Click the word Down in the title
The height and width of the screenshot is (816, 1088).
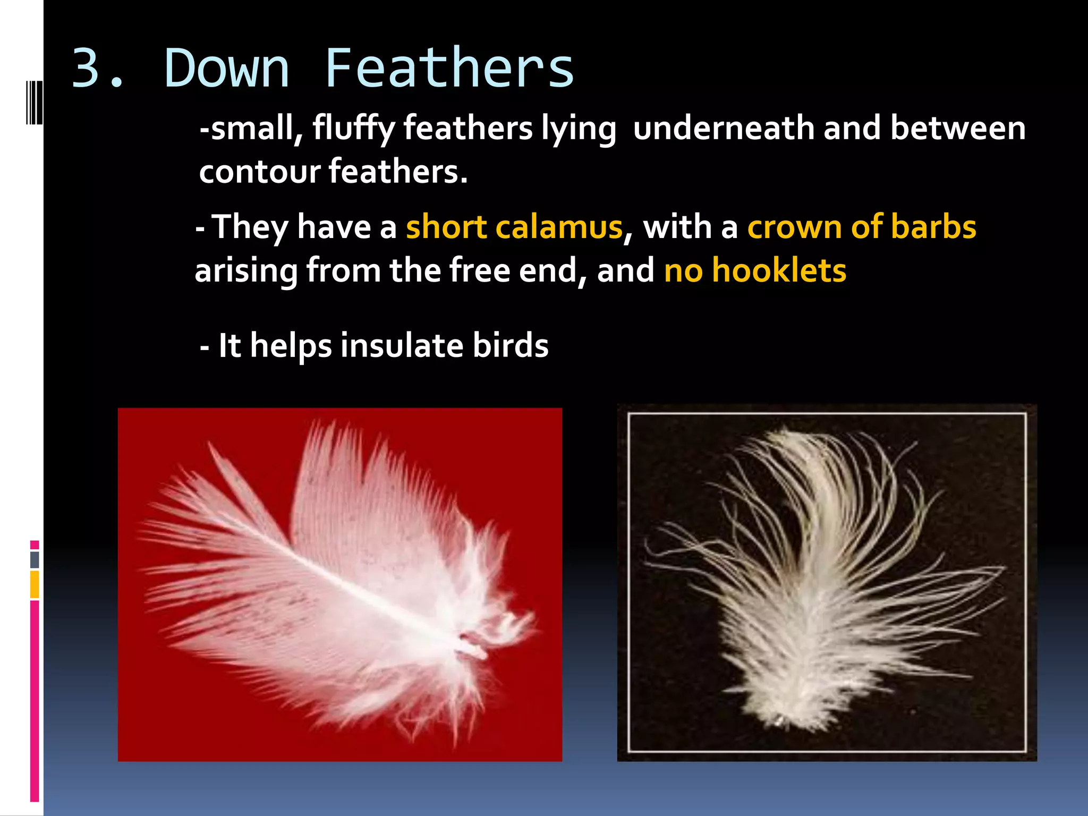tap(227, 69)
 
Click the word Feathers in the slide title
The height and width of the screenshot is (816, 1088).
tap(449, 69)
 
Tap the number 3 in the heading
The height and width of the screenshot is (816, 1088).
tap(88, 69)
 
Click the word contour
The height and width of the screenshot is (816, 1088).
tap(260, 172)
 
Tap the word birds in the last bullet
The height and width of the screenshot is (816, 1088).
tap(511, 346)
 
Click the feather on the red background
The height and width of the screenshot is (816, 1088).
tap(340, 579)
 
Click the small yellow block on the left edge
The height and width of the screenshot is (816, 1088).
tap(35, 584)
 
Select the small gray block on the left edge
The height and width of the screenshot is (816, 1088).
tap(35, 559)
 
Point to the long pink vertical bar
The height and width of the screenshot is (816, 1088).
tap(35, 701)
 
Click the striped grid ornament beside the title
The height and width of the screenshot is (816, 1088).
tap(34, 102)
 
